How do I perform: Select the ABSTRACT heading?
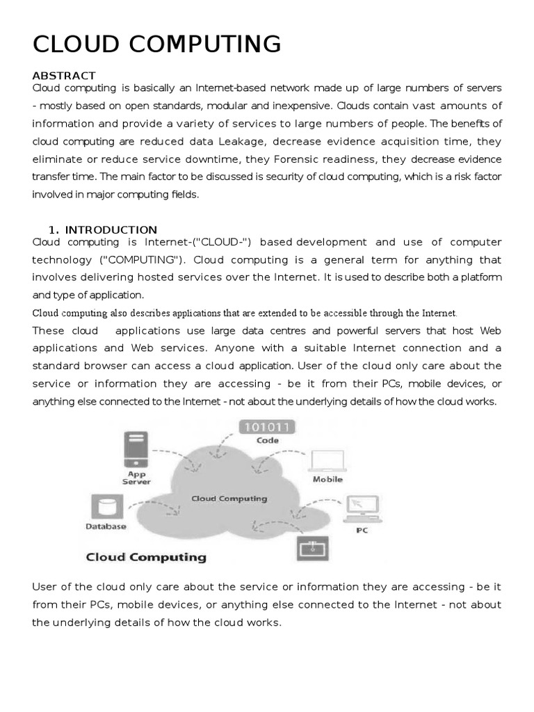coord(64,75)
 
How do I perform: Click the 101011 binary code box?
coord(267,427)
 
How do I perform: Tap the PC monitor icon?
coord(362,509)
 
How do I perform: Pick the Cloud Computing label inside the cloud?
coord(229,499)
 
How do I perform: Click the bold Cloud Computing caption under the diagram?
coord(145,557)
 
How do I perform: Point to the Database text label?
coord(106,526)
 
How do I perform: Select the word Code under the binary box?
coord(267,440)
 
